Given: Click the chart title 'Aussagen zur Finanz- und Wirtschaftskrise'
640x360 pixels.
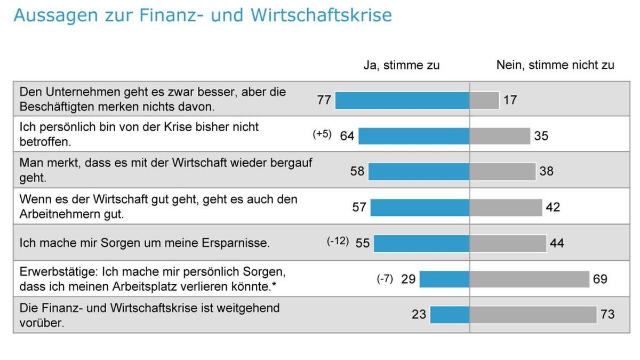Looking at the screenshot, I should (202, 15).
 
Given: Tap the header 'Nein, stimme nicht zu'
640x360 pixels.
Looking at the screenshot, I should (555, 65).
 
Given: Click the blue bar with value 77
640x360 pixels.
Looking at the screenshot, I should (402, 100).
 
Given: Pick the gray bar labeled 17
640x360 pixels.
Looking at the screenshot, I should (484, 100).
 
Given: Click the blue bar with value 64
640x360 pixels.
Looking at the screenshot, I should (414, 136).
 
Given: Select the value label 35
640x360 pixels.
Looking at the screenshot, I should (541, 136).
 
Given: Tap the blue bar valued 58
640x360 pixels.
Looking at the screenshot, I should (419, 171).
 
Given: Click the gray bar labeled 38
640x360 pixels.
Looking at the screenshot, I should (502, 171).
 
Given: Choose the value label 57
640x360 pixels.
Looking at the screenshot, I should (359, 207).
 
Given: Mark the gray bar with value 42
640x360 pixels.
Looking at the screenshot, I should (506, 207).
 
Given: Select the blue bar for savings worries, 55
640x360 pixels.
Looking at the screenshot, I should (421, 243).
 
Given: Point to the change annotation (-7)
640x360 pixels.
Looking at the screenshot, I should (385, 278).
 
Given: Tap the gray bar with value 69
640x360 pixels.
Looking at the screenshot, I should (529, 279).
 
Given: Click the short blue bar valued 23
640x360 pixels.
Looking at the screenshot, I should (450, 315).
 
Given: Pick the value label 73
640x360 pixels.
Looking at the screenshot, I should (607, 315).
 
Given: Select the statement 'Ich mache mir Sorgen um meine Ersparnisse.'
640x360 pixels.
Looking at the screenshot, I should (145, 243).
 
